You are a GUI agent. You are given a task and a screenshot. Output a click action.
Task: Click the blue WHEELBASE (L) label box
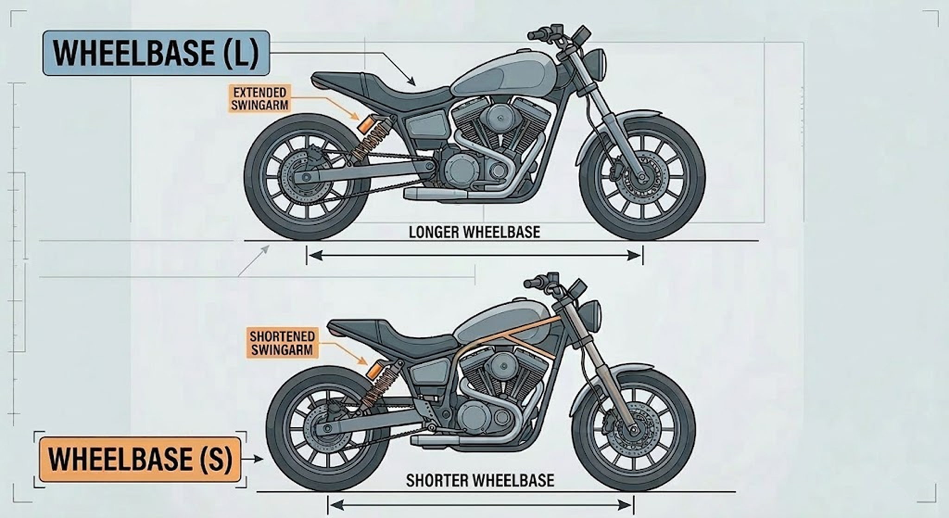click(x=156, y=53)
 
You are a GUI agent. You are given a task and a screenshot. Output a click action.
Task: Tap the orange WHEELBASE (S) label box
click(x=139, y=459)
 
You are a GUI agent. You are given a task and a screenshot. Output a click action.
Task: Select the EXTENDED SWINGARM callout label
click(x=260, y=98)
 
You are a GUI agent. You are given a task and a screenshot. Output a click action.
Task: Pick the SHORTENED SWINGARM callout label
click(x=282, y=343)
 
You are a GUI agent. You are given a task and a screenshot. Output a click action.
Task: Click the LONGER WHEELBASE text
click(x=474, y=232)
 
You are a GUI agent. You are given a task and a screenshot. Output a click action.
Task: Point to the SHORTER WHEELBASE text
click(x=480, y=480)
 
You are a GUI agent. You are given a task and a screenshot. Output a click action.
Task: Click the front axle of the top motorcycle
click(x=642, y=177)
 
